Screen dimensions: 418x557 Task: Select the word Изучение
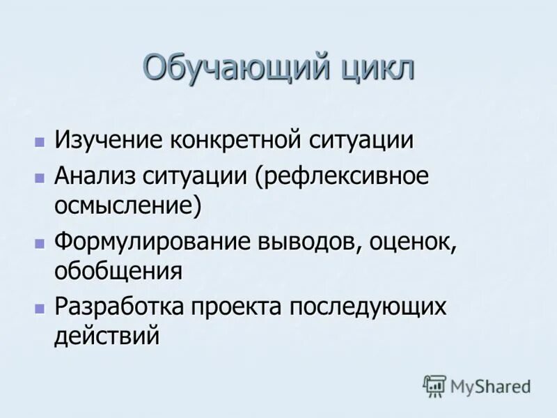coord(108,139)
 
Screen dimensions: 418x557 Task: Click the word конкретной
coord(237,139)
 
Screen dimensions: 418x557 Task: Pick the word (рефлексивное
coord(340,176)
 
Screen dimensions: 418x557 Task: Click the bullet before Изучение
coord(40,141)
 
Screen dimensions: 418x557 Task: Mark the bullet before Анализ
coord(40,178)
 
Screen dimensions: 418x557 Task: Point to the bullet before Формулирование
coord(40,243)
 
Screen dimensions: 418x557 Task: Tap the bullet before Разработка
coord(40,309)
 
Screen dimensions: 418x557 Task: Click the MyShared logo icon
coord(434,385)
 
